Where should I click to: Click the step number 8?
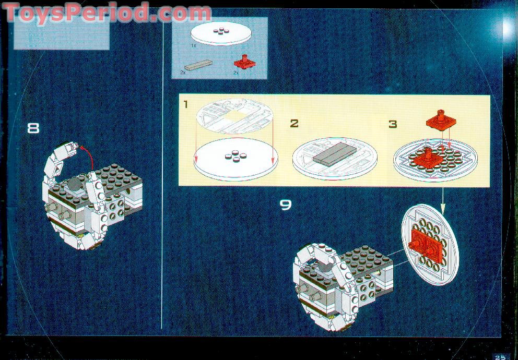pyautogui.click(x=33, y=128)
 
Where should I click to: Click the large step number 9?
pyautogui.click(x=286, y=205)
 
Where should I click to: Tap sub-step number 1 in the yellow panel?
pyautogui.click(x=186, y=104)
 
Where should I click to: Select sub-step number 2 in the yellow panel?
pyautogui.click(x=294, y=124)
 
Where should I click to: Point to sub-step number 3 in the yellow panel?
pyautogui.click(x=393, y=124)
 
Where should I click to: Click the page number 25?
pyautogui.click(x=500, y=357)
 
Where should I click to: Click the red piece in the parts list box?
pyautogui.click(x=245, y=62)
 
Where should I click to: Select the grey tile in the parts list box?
pyautogui.click(x=198, y=65)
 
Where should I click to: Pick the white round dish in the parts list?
pyautogui.click(x=221, y=34)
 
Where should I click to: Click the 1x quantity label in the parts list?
pyautogui.click(x=194, y=45)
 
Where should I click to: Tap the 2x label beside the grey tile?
pyautogui.click(x=183, y=72)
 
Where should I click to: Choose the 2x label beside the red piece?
pyautogui.click(x=236, y=73)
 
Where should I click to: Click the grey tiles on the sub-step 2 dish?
pyautogui.click(x=335, y=155)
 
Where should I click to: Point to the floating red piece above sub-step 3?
pyautogui.click(x=441, y=119)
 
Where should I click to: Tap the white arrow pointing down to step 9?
pyautogui.click(x=443, y=200)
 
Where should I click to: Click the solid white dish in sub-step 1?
pyautogui.click(x=236, y=159)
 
